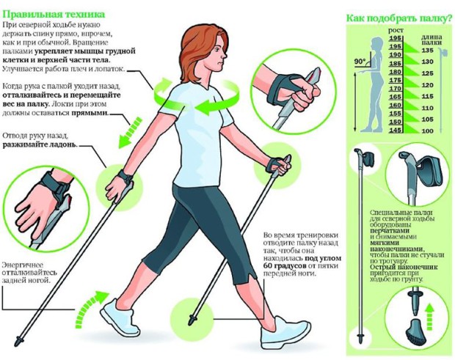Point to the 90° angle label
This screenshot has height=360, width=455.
click(360, 62)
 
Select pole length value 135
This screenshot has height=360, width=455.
click(427, 51)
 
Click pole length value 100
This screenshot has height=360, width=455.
click(427, 131)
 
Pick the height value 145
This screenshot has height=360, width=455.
click(396, 131)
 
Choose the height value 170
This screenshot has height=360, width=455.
click(396, 89)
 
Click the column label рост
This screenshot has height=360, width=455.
click(396, 30)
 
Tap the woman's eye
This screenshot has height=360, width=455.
click(219, 50)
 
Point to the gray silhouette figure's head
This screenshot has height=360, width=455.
click(376, 43)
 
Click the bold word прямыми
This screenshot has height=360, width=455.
click(90, 113)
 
